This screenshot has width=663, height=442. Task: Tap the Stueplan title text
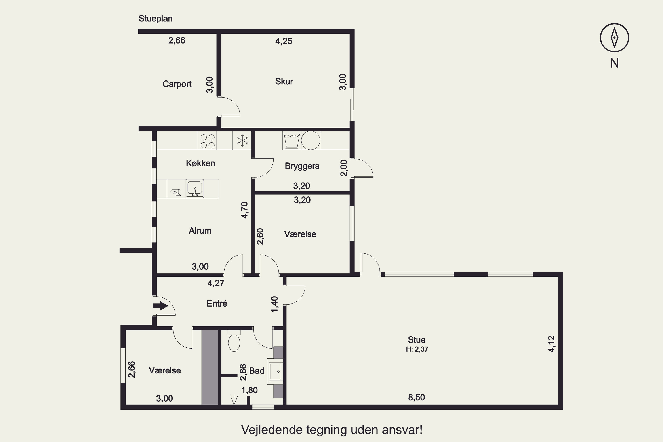pos(155,19)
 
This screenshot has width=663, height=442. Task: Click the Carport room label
pos(177,84)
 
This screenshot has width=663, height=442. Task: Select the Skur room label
pos(284,82)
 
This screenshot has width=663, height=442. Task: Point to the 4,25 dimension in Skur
pos(284,41)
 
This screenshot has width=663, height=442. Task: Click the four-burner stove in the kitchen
pos(208,141)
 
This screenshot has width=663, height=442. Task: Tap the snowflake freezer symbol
pos(242,140)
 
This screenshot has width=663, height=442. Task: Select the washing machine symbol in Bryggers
pos(292,140)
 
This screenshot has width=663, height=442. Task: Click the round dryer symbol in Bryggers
pos(311,140)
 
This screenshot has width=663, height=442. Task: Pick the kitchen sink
pos(194,189)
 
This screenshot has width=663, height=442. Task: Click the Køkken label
pos(200,163)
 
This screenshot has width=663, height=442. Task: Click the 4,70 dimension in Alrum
pos(244,210)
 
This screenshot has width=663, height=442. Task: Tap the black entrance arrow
pos(160,306)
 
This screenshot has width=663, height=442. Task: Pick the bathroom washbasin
pos(275,372)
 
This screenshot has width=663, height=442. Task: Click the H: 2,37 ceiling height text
pos(417,349)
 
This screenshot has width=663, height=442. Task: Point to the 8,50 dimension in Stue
pos(416,397)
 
